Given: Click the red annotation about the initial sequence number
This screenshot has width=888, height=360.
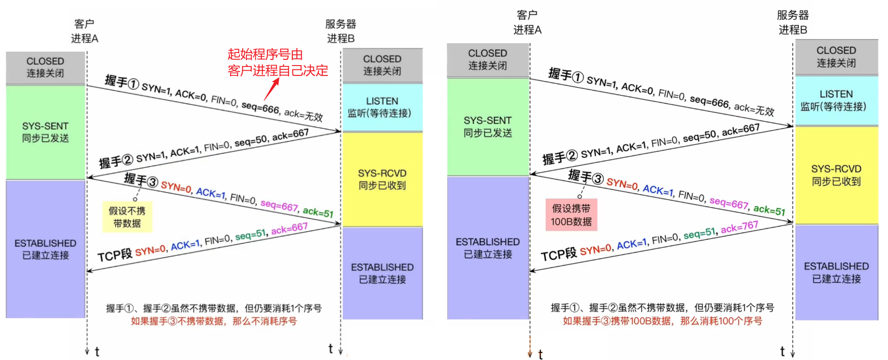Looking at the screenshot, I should (278, 62).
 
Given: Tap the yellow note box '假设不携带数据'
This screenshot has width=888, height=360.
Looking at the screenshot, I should (127, 217).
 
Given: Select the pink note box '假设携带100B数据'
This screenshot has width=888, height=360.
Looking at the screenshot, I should (571, 215).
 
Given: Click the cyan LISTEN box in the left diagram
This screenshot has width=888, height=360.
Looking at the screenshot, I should (382, 107).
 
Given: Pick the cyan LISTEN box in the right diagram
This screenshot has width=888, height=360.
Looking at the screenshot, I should (836, 100).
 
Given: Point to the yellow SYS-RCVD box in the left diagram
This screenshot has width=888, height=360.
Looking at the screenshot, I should (382, 180).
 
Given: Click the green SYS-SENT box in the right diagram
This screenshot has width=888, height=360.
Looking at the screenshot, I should (488, 127).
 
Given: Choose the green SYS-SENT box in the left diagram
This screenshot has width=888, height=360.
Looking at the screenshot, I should (45, 133).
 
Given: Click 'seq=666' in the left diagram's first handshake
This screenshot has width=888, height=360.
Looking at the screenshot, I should (260, 108).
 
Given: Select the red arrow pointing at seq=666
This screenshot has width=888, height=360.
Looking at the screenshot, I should (272, 89).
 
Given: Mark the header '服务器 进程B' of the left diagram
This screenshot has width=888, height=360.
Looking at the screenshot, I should (341, 31).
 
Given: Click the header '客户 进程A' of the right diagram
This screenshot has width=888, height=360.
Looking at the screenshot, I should (527, 23).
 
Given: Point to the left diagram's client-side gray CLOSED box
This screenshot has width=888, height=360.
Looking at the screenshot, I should (45, 67).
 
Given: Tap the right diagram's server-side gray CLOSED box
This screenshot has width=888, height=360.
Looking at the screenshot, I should (836, 57).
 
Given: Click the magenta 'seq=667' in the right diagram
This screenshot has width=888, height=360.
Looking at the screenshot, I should (729, 203).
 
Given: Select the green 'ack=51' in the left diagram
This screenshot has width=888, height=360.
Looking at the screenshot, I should (318, 212).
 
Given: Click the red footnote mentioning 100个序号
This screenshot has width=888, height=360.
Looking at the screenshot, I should (662, 321).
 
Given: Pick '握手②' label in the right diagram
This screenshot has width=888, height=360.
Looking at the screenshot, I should (560, 157).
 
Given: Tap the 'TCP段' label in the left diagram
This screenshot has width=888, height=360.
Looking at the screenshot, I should (115, 255).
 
